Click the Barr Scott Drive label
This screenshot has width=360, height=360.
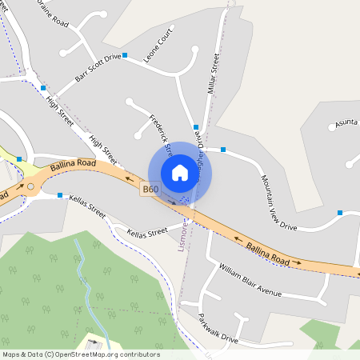pyautogui.click(x=98, y=67)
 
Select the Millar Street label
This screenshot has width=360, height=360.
pyautogui.click(x=213, y=74)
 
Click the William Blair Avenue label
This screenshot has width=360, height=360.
pyautogui.click(x=250, y=280)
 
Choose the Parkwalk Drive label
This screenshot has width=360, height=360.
pyautogui.click(x=218, y=328)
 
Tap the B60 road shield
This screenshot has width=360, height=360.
pyautogui.click(x=150, y=190)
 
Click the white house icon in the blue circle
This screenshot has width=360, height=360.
pyautogui.click(x=180, y=173)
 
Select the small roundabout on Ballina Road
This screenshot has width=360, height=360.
pyautogui.click(x=31, y=187)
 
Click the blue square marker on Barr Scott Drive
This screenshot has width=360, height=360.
pyautogui.click(x=125, y=55)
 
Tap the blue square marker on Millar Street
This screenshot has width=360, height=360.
pyautogui.click(x=196, y=126)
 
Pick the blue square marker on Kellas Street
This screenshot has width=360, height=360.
pyautogui.click(x=60, y=194)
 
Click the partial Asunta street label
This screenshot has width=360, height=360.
pyautogui.click(x=346, y=121)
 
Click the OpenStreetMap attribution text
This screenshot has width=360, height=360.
pyautogui.click(x=81, y=354)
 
